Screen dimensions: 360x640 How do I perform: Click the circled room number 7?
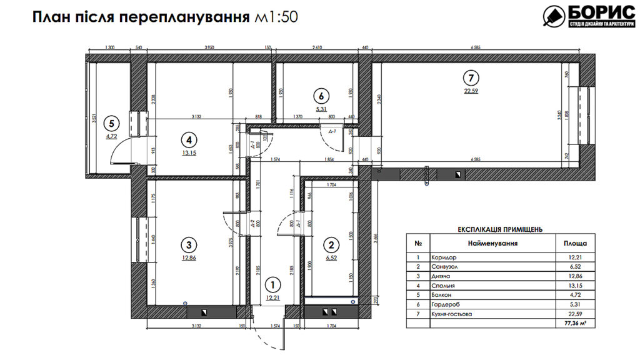point(470,78)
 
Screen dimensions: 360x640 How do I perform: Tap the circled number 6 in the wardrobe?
point(321,96)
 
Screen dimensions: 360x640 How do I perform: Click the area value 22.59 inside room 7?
point(471,91)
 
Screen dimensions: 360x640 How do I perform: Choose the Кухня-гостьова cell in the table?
point(451,314)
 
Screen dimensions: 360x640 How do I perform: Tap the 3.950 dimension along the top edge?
point(214,47)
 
